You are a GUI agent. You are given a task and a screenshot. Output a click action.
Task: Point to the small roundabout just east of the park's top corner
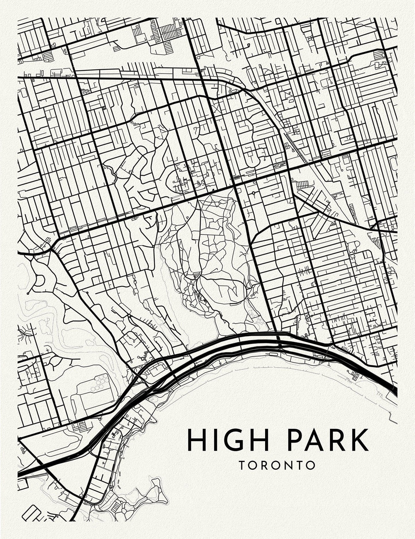coord(253,193)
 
